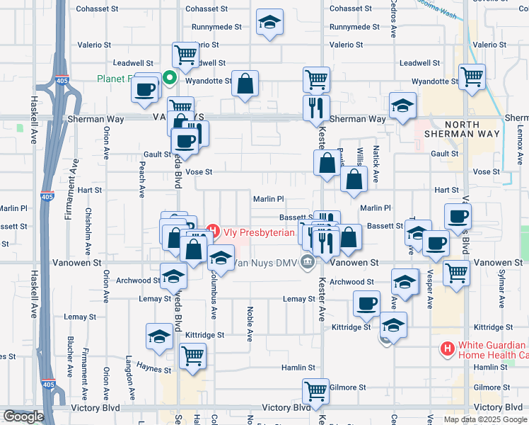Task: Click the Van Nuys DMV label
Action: pyautogui.click(x=267, y=263)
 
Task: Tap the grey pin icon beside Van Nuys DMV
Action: pyautogui.click(x=307, y=263)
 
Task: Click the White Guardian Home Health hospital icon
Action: pyautogui.click(x=447, y=348)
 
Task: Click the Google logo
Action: pyautogui.click(x=23, y=416)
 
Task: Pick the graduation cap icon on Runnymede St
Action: pyautogui.click(x=269, y=21)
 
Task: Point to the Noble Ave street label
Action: pyautogui.click(x=250, y=323)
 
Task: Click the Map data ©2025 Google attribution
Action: pyautogui.click(x=484, y=419)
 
